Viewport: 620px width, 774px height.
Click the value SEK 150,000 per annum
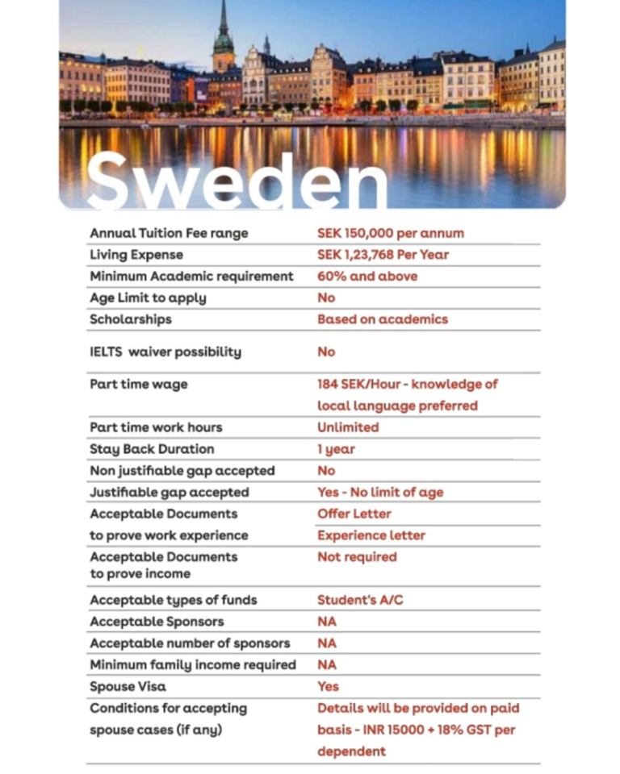click(391, 233)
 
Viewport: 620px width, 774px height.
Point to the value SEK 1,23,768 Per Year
click(383, 255)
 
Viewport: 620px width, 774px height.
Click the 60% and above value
click(367, 277)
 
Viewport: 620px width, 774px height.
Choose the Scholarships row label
click(131, 319)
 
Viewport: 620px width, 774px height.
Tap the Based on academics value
click(383, 319)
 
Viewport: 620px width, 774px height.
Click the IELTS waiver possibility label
click(165, 352)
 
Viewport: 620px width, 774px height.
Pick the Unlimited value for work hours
click(348, 427)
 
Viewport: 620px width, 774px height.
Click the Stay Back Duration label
click(152, 449)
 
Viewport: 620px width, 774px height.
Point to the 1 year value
click(336, 449)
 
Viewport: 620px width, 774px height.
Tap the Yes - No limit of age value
click(380, 493)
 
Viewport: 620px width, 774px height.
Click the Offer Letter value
click(354, 514)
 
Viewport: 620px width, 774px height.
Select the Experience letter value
click(371, 535)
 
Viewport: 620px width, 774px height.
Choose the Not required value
click(357, 557)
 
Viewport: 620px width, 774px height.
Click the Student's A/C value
click(360, 601)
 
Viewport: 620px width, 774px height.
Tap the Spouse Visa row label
click(129, 687)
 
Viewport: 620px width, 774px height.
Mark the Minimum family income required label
click(193, 665)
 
